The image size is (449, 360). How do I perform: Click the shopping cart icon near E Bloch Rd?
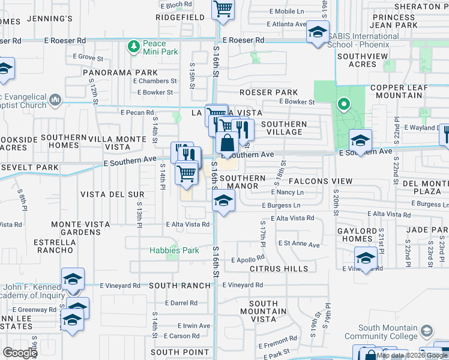pyautogui.click(x=222, y=9)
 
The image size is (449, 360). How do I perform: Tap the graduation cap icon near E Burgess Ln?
pyautogui.click(x=222, y=201)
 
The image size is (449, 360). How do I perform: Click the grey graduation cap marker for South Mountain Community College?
pyautogui.click(x=427, y=331)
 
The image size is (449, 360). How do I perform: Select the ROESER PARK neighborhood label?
pyautogui.click(x=268, y=92)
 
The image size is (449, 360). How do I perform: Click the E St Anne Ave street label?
pyautogui.click(x=298, y=244)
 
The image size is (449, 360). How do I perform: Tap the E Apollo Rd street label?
pyautogui.click(x=248, y=260)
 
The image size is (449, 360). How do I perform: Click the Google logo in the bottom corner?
pyautogui.click(x=20, y=353)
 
